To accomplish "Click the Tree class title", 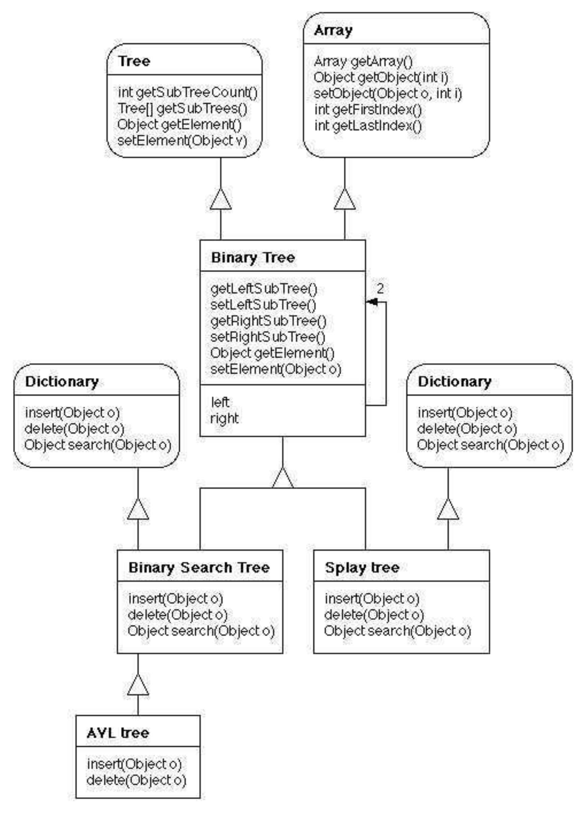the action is point(134,61).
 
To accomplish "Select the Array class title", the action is point(333,31).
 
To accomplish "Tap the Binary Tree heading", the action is point(253,258).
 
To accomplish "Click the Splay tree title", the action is point(362,567).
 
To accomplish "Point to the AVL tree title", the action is point(118,733).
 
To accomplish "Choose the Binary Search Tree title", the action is point(199,567).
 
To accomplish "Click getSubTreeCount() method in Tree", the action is point(188,92).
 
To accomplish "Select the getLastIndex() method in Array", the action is point(368,126).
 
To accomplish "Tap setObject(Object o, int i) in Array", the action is point(388,93).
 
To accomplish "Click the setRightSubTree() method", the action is point(268,337).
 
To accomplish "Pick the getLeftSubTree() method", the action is point(264,289).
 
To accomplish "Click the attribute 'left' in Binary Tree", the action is point(220,402).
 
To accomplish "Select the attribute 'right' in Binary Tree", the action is point(224,418).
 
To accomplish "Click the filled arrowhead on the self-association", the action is point(371,302).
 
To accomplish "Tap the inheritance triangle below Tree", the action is point(220,199).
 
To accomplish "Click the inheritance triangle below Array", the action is point(344,199).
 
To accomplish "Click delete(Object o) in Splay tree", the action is point(374,615).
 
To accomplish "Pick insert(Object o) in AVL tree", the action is point(134,764).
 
